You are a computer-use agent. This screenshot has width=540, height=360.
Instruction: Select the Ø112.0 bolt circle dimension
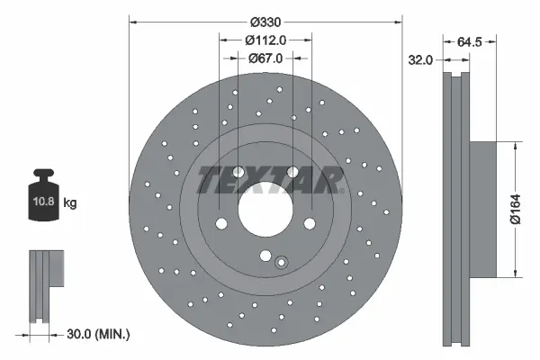[265, 40]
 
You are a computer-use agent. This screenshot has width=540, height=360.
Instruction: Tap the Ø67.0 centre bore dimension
[265, 58]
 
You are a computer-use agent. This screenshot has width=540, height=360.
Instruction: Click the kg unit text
[70, 203]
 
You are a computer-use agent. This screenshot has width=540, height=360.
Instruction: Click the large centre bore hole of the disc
[265, 209]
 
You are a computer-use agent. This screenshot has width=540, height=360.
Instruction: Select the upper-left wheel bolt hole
[238, 174]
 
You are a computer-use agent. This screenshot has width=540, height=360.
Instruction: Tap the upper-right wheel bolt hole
[292, 174]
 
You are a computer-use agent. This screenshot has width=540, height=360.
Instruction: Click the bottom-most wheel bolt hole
[265, 256]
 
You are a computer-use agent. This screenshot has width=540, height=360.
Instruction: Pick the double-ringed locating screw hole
[281, 263]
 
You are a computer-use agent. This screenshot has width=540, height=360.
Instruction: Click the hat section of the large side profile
[481, 209]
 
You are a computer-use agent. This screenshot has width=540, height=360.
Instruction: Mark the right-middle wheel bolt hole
[310, 224]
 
